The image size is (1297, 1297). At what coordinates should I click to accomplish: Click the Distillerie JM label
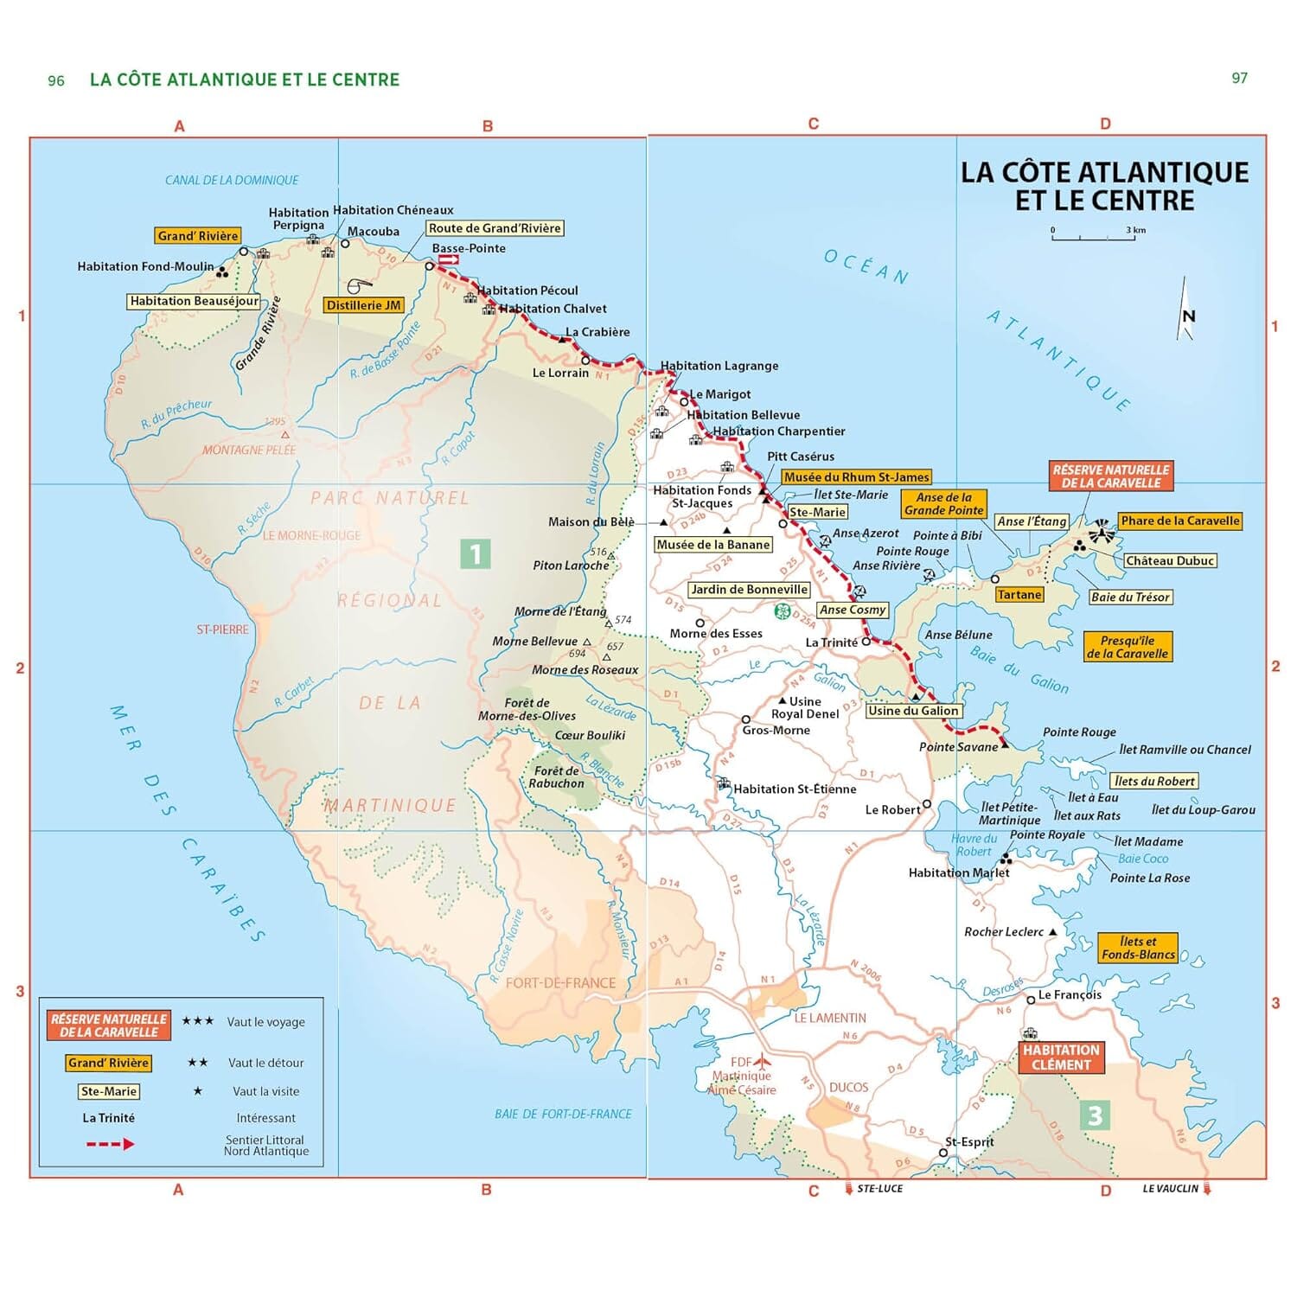pos(364,305)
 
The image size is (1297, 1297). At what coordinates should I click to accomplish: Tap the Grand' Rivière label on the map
pos(198,236)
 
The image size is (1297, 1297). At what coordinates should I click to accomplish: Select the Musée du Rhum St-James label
pos(856,477)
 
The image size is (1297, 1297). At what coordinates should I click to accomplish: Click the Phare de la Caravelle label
pos(1179,521)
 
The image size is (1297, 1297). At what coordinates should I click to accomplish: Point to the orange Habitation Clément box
pos(1061,1057)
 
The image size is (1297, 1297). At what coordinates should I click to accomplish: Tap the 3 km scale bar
pos(1094,236)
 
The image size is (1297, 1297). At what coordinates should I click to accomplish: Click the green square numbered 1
pos(476,553)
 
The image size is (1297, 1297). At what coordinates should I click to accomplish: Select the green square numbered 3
pos(1095,1115)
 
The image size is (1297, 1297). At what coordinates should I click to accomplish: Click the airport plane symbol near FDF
pos(762,1061)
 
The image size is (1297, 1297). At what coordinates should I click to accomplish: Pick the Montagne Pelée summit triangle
pos(284,435)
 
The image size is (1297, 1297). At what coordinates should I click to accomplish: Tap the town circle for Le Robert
pos(927,804)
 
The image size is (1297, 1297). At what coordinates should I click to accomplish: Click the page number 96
pos(56,81)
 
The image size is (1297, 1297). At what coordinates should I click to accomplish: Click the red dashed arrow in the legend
pos(110,1144)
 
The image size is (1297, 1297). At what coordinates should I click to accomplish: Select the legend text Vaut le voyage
pos(265,1022)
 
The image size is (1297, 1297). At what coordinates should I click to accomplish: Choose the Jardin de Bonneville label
pos(749,590)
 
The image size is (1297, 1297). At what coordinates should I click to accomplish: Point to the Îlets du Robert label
pos(1153,781)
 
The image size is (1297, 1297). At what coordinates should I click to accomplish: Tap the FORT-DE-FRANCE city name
pos(560,983)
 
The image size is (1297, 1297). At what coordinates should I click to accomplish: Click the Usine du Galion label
pos(913,711)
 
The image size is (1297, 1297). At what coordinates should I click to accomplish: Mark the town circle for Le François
pos(1031,1000)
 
